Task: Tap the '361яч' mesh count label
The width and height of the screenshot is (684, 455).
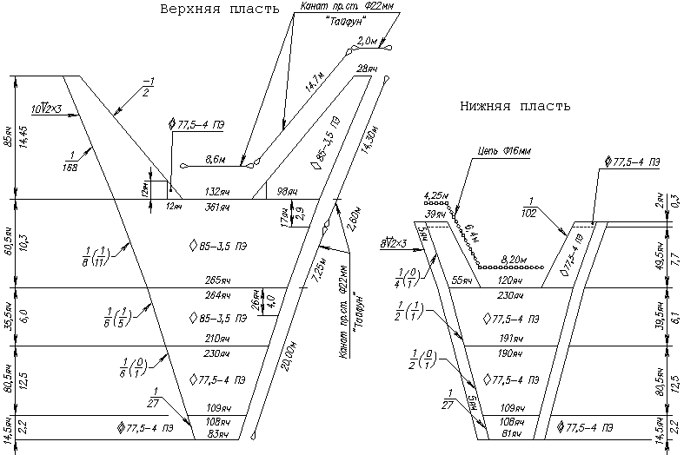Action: point(216,208)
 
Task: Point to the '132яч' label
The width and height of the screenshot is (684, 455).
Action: point(216,191)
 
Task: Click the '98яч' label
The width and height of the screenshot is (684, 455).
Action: point(287,191)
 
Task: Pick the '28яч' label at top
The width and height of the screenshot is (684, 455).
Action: point(367,68)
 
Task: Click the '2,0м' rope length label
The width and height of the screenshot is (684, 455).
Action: point(368,41)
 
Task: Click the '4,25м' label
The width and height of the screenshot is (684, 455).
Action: point(434,195)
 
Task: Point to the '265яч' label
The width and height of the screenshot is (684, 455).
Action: point(216,281)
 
